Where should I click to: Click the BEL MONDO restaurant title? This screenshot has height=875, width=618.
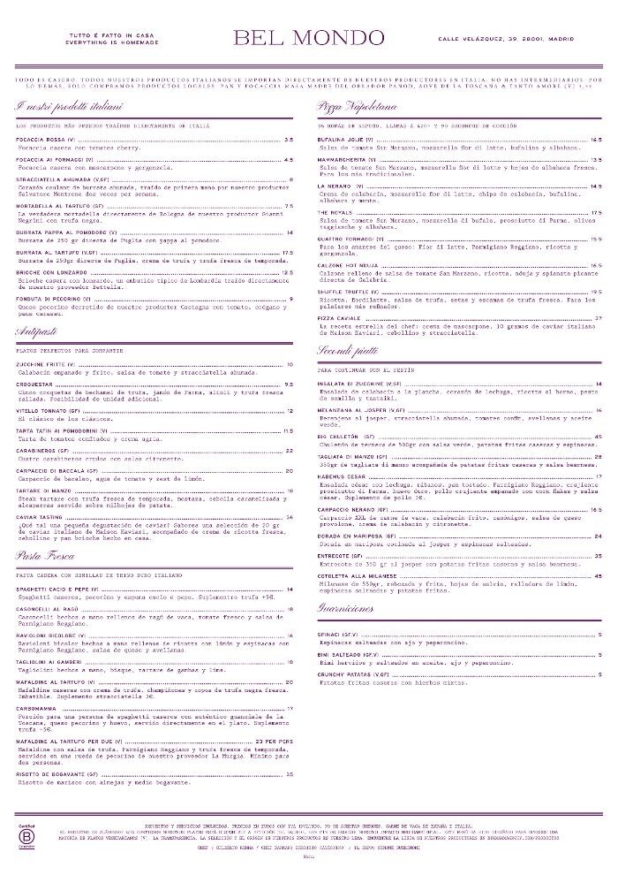click(308, 38)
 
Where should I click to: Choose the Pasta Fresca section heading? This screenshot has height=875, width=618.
click(44, 556)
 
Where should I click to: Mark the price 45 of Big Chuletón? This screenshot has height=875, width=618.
click(598, 436)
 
